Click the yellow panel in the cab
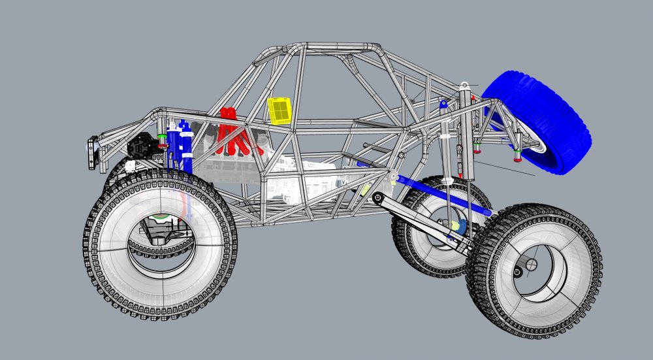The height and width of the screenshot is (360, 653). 279,110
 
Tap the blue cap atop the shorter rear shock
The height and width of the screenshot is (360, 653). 443,103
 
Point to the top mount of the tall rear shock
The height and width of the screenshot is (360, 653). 464,86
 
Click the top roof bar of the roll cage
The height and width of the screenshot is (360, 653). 340,48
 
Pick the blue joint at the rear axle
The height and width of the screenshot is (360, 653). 460,227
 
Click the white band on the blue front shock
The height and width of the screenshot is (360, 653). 187,155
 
